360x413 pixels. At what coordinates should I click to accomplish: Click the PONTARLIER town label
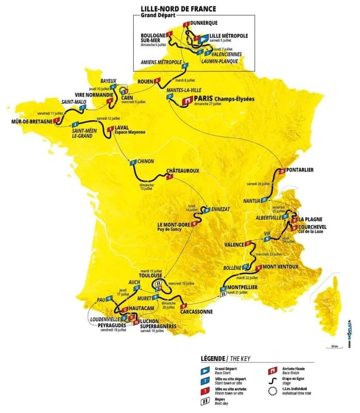[304, 170]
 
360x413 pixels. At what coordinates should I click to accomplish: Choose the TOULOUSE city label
[155, 275]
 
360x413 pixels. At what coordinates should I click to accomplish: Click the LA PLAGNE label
[312, 219]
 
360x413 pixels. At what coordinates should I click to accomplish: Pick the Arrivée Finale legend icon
[271, 371]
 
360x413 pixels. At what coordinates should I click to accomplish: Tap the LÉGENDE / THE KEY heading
[227, 358]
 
